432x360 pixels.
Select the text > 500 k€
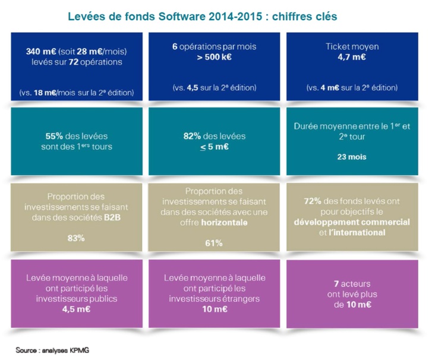pos(216,58)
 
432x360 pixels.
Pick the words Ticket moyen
pos(352,46)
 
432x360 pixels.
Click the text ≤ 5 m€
pos(216,146)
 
